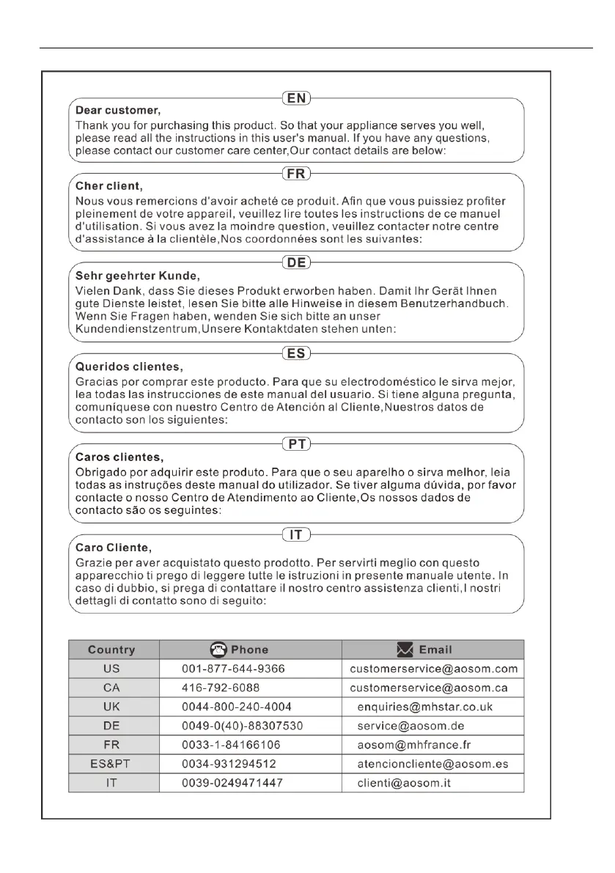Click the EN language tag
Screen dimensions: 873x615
[x=296, y=97]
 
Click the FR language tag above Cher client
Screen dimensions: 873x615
[x=296, y=174]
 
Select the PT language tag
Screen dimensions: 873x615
[x=296, y=444]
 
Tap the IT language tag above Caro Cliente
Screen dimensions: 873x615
[x=296, y=534]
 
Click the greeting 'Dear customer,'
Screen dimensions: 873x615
[x=118, y=110]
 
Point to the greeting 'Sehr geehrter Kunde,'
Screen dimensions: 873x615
[x=138, y=276]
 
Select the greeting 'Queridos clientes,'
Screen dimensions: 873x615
[x=130, y=366]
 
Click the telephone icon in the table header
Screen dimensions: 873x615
[x=218, y=649]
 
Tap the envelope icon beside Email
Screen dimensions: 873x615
[x=405, y=649]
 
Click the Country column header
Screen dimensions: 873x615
[x=111, y=649]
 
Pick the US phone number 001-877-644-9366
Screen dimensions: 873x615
[x=233, y=668]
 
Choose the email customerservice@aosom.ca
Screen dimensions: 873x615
[x=428, y=688]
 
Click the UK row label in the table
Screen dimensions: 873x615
[x=111, y=707]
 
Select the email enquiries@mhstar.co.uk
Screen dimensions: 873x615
[x=424, y=707]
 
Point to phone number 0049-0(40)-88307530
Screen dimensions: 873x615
[x=243, y=726]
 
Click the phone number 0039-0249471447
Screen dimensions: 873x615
[x=232, y=783]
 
